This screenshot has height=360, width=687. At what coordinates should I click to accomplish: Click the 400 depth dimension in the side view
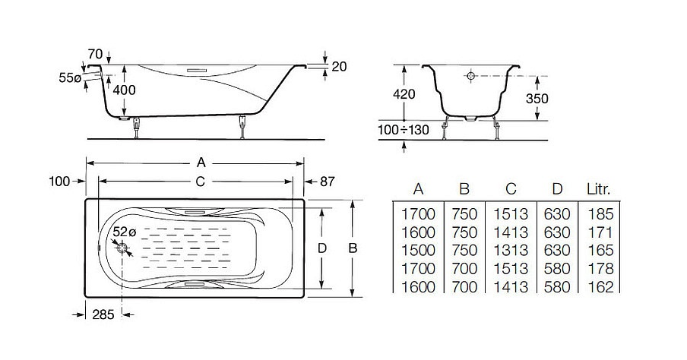[x=125, y=90]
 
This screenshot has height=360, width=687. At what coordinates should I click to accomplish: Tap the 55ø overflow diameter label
[x=70, y=78]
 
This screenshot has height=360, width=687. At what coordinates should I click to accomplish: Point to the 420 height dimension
[x=404, y=93]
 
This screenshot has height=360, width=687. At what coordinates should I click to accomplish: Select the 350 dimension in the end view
[x=537, y=99]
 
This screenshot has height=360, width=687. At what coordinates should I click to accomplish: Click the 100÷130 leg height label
[x=404, y=130]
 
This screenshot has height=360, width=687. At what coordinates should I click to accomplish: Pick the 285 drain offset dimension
[x=103, y=314]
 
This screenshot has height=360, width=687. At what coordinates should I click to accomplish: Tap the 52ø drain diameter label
[x=125, y=232]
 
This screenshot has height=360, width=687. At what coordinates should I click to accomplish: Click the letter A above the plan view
[x=201, y=163]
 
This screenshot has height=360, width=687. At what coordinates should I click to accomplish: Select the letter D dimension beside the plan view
[x=322, y=249]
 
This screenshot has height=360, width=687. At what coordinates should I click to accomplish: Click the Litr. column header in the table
[x=599, y=189]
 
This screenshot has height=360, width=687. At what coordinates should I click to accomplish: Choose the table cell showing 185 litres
[x=600, y=214]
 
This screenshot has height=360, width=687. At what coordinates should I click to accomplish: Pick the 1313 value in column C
[x=511, y=251]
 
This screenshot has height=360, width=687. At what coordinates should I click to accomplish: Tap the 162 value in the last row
[x=600, y=287]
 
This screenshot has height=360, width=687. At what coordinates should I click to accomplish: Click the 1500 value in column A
[x=419, y=251]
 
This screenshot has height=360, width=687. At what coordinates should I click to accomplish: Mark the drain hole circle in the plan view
[x=122, y=249]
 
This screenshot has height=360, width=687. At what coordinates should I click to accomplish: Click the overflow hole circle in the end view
[x=471, y=76]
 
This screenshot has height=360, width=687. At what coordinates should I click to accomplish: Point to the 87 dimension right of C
[x=327, y=182]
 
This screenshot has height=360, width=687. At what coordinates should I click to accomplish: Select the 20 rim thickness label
[x=339, y=67]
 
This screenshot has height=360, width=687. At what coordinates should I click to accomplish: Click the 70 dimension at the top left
[x=95, y=55]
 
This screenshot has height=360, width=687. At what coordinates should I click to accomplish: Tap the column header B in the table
[x=464, y=189]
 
